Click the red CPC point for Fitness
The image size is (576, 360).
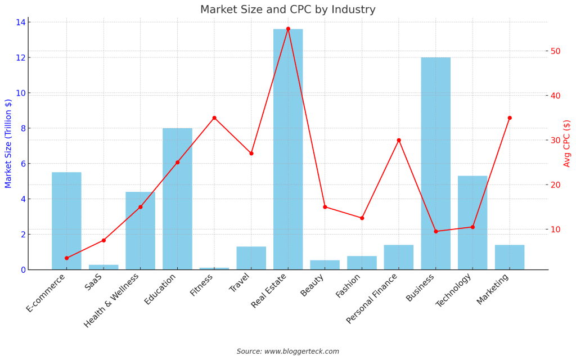(214, 118)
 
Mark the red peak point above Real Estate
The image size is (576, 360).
(288, 29)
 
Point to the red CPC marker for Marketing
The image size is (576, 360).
(510, 118)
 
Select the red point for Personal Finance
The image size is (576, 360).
(399, 140)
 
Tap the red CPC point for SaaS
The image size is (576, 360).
(103, 240)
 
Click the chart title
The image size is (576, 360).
(287, 10)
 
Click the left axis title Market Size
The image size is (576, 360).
(8, 143)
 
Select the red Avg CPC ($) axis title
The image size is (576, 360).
(567, 143)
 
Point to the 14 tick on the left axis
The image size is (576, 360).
(20, 22)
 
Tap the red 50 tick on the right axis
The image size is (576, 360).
(555, 51)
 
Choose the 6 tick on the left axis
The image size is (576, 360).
(22, 164)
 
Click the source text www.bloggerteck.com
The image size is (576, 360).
(287, 352)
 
